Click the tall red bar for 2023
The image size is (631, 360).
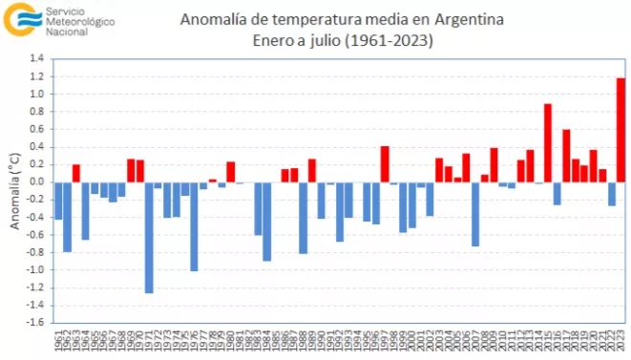click(x=620, y=130)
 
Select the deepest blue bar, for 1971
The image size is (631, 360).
click(x=149, y=238)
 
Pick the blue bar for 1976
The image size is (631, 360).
click(x=194, y=226)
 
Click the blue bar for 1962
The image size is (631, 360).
click(x=68, y=217)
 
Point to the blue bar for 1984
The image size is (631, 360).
click(x=267, y=222)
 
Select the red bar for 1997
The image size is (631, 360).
click(x=385, y=164)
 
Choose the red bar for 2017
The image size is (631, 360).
click(x=566, y=156)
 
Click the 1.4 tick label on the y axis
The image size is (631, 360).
click(x=36, y=59)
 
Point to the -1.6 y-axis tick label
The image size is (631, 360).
click(x=34, y=323)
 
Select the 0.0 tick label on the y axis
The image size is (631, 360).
click(x=36, y=182)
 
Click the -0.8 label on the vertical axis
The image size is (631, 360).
click(x=34, y=252)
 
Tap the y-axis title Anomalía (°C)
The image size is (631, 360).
click(x=14, y=191)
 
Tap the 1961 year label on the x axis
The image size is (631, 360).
click(x=58, y=339)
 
